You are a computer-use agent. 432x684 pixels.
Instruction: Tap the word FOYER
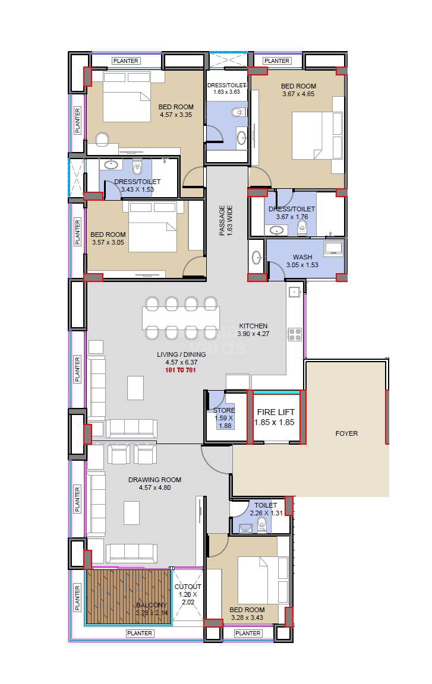[x=346, y=433]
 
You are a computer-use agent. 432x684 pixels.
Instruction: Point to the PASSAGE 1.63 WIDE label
[x=225, y=221]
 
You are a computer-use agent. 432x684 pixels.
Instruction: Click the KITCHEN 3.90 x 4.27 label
[x=253, y=330]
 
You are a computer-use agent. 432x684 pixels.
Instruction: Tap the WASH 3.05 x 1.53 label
[x=302, y=261]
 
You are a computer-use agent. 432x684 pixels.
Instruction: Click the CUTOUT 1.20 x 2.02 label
[x=188, y=594]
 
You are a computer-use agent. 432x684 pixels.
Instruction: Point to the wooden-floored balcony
[x=128, y=597]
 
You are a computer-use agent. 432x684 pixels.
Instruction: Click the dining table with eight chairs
[x=181, y=318]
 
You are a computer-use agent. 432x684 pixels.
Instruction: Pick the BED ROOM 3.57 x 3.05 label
[x=109, y=238]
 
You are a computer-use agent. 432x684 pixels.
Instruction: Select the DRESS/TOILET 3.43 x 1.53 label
[x=137, y=186]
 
